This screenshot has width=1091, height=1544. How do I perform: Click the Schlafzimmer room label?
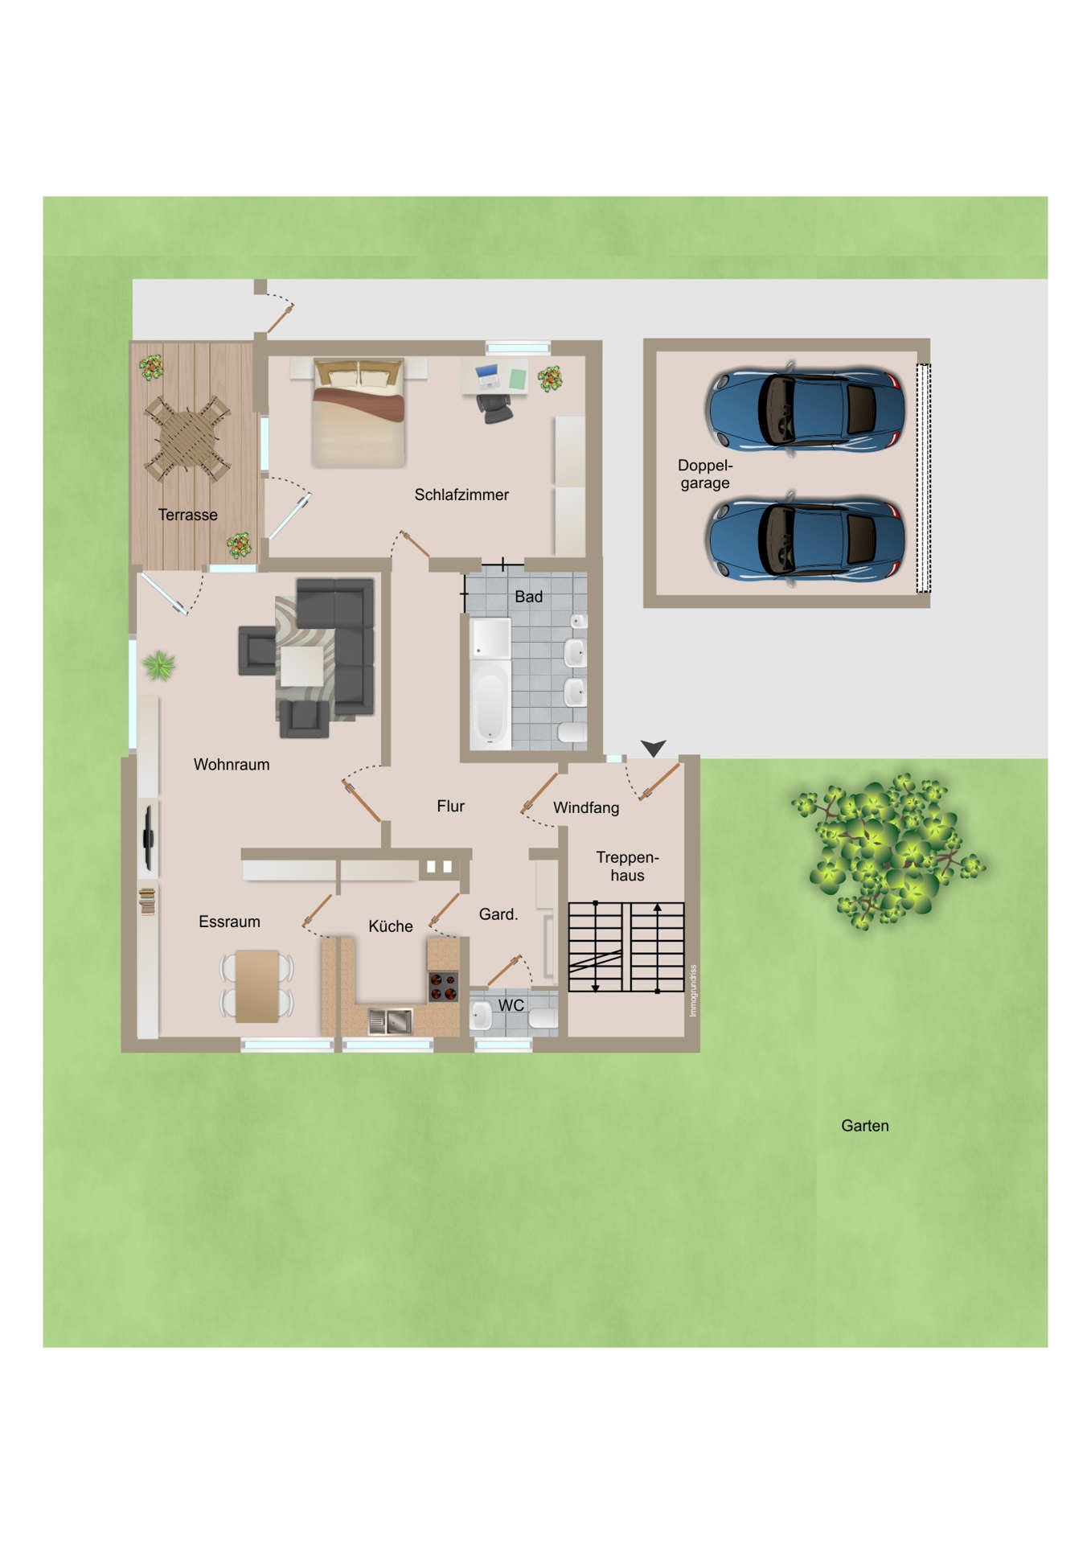coord(461,495)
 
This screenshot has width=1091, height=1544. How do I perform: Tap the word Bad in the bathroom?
coord(528,597)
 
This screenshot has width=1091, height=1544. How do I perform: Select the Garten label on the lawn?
coord(865,1126)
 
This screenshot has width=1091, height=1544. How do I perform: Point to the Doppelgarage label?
coord(705,474)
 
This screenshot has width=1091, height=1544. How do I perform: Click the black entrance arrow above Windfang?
coord(654,748)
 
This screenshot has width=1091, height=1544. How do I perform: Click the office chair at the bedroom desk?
coord(494,408)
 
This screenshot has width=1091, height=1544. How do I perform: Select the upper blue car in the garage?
coord(806,409)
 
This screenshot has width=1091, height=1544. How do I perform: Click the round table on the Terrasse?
coord(187,438)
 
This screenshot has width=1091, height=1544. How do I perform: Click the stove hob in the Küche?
coord(442,986)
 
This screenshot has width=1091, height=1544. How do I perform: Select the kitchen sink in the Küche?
coord(391,1021)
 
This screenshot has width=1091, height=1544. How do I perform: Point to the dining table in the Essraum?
coord(257,986)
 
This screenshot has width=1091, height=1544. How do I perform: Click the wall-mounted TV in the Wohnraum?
coord(148,839)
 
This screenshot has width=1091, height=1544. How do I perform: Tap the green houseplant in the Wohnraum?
coord(159,666)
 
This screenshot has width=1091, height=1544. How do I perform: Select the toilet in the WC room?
coord(543,1018)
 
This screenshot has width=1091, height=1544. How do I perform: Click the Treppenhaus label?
coord(627,866)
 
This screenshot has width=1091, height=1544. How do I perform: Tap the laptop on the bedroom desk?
coord(487,376)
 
